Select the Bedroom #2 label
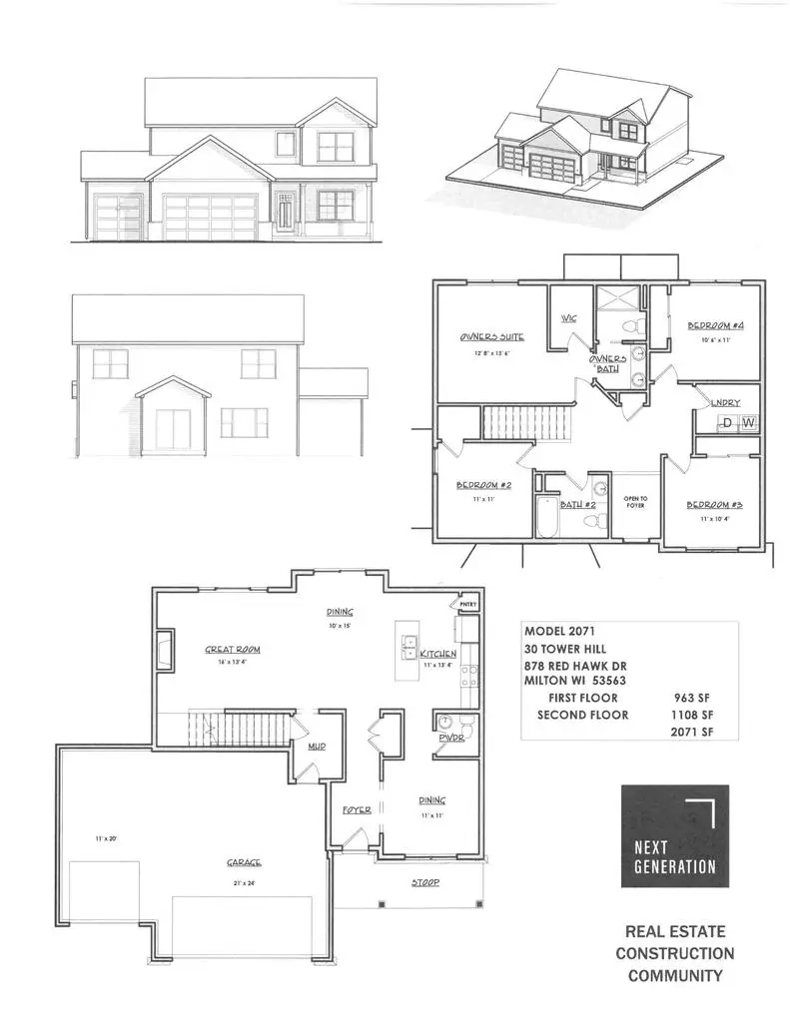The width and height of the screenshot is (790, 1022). click(484, 485)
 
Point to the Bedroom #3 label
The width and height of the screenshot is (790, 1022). click(714, 505)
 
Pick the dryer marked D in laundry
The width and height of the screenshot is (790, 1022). click(728, 423)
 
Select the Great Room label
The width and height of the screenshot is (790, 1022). click(233, 649)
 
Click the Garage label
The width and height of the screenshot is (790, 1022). click(243, 864)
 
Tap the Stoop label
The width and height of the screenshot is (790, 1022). click(426, 883)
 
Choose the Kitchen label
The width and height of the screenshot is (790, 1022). click(438, 652)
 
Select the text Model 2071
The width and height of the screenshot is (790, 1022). click(561, 632)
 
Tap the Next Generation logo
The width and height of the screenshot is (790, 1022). click(675, 835)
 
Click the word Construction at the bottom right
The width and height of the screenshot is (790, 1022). click(674, 954)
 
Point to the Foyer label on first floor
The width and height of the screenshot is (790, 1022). click(357, 810)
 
